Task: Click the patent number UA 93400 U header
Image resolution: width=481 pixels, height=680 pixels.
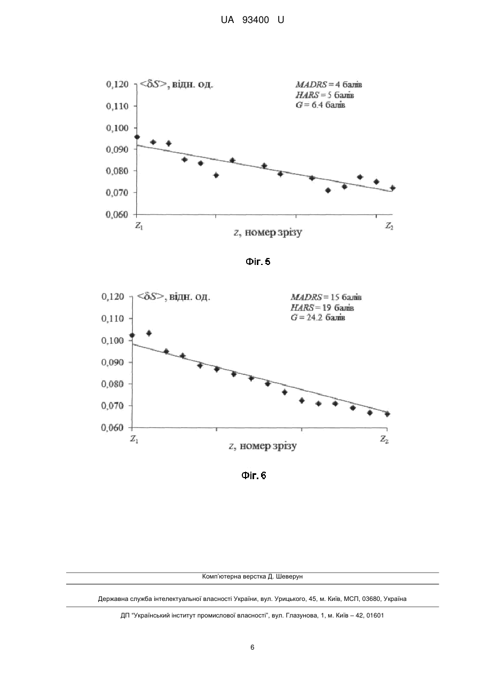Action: tap(252, 20)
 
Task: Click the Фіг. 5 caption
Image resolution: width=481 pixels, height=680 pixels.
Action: tap(258, 262)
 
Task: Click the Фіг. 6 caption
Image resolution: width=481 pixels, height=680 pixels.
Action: tap(254, 475)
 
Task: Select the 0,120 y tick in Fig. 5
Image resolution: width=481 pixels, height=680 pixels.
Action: tap(117, 84)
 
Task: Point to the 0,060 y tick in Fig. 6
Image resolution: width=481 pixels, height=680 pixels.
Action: tap(113, 428)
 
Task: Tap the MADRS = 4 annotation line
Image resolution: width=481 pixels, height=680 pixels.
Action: tap(329, 84)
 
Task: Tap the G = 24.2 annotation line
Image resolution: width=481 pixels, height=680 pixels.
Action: tap(318, 318)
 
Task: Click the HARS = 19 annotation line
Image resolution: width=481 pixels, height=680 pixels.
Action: tap(322, 308)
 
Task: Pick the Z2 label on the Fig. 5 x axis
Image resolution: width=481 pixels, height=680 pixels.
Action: tap(389, 226)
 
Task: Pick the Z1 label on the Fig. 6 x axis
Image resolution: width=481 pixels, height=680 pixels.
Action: tap(134, 439)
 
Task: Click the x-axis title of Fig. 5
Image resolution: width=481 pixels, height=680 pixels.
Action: tap(268, 232)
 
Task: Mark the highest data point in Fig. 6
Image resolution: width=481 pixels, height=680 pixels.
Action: tap(149, 333)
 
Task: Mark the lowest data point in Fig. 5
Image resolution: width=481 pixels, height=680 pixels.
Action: tap(328, 190)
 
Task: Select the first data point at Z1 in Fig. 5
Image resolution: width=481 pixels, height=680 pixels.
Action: tap(137, 137)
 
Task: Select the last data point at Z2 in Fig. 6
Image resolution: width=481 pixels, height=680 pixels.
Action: tap(387, 414)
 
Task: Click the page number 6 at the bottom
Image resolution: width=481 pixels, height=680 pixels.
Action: tap(252, 647)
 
